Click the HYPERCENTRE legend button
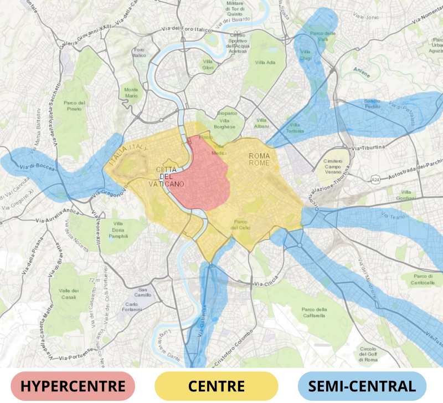pyautogui.click(x=73, y=386)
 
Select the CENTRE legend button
pyautogui.click(x=217, y=386)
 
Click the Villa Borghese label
pyautogui.click(x=225, y=123)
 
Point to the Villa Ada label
pyautogui.click(x=265, y=63)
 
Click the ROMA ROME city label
pyautogui.click(x=259, y=159)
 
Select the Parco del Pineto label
pyautogui.click(x=75, y=105)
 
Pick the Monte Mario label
pyautogui.click(x=132, y=93)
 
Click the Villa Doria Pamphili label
pyautogui.click(x=119, y=229)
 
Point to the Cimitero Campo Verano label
pyautogui.click(x=333, y=167)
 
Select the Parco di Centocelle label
pyautogui.click(x=423, y=279)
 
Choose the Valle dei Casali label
pyautogui.click(x=69, y=294)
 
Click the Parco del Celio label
pyautogui.click(x=242, y=225)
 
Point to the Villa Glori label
pyautogui.click(x=208, y=64)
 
